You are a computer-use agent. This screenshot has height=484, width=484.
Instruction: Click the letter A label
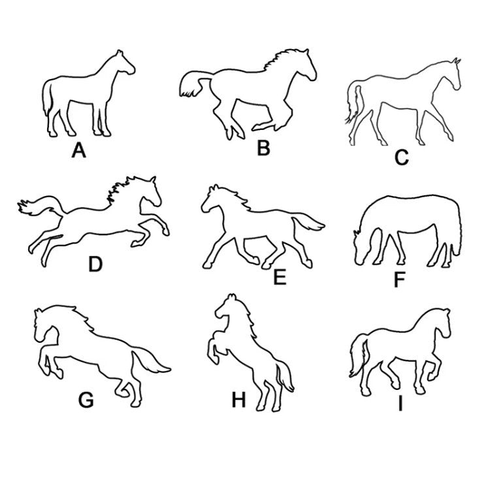pyautogui.click(x=79, y=151)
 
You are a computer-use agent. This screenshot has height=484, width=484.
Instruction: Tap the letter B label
pyautogui.click(x=264, y=148)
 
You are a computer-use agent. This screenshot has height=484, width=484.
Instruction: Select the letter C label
pyautogui.click(x=402, y=157)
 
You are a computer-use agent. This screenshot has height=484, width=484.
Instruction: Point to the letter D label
pyautogui.click(x=95, y=265)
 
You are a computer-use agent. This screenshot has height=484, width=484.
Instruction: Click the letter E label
pyautogui.click(x=280, y=278)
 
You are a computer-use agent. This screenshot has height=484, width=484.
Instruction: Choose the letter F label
pyautogui.click(x=400, y=280)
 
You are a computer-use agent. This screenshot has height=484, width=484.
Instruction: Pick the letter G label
pyautogui.click(x=86, y=400)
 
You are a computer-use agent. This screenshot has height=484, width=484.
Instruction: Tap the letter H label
pyautogui.click(x=238, y=400)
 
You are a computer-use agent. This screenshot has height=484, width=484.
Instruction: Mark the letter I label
pyautogui.click(x=400, y=404)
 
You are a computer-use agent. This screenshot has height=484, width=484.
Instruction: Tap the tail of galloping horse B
pyautogui.click(x=195, y=84)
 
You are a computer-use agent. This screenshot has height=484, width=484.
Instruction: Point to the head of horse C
pyautogui.click(x=453, y=73)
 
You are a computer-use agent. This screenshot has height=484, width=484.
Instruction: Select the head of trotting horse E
pyautogui.click(x=213, y=199)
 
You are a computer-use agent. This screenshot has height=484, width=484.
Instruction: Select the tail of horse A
pyautogui.click(x=48, y=97)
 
